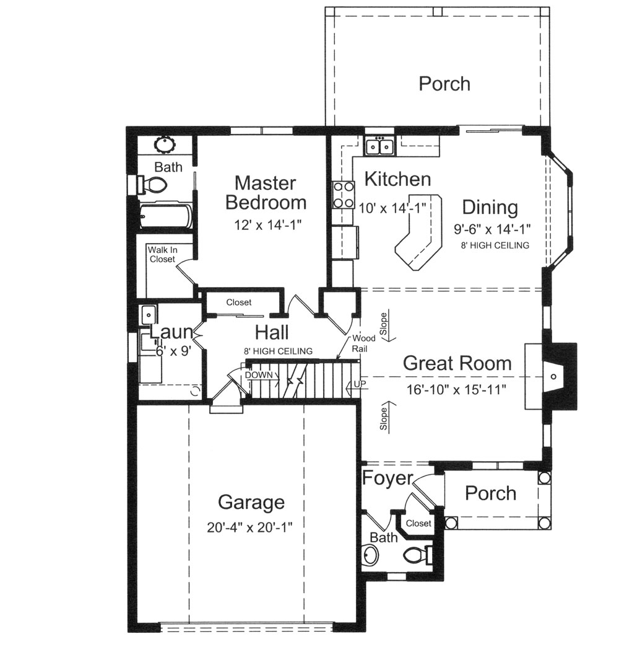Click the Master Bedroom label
[266, 193]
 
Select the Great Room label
[457, 363]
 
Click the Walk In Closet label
[162, 254]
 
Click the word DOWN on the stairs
[259, 375]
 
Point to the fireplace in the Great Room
[553, 376]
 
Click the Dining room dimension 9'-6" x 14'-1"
[492, 229]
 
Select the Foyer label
[387, 479]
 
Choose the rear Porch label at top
[444, 84]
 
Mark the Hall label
[272, 333]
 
